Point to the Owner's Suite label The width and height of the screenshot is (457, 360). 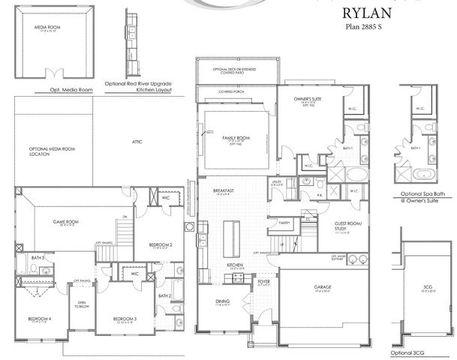[308, 98]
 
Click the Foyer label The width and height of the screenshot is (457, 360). [264, 283]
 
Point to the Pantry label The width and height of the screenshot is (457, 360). [284, 223]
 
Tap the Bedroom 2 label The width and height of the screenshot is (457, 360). [161, 245]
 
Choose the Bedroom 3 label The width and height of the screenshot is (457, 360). [125, 319]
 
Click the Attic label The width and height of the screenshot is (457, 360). [137, 142]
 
